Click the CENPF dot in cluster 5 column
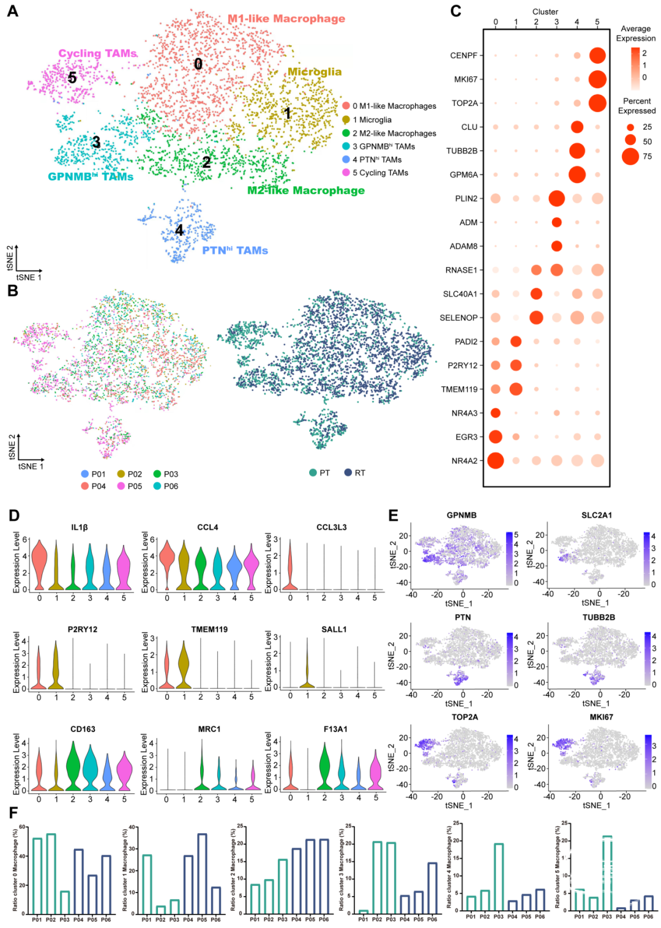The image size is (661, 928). [x=597, y=55]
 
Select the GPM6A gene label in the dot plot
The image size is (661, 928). [x=463, y=174]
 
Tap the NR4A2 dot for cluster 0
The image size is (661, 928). [x=495, y=460]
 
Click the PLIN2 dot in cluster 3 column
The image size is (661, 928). [x=556, y=198]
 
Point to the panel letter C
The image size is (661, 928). [x=455, y=11]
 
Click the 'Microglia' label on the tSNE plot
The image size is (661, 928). [x=315, y=72]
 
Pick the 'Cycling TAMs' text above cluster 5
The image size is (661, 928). [x=97, y=53]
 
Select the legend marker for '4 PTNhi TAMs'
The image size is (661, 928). [x=346, y=160]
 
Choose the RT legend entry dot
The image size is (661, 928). [x=348, y=473]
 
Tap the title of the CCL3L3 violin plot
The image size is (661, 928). [x=332, y=527]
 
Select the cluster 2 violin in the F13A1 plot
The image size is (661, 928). [x=324, y=765]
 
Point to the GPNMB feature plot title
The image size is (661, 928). [x=461, y=515]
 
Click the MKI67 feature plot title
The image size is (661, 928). [x=601, y=717]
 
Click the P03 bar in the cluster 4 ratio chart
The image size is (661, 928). [x=498, y=878]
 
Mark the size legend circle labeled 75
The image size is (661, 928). [x=630, y=156]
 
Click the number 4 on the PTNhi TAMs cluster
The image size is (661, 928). [x=179, y=230]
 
